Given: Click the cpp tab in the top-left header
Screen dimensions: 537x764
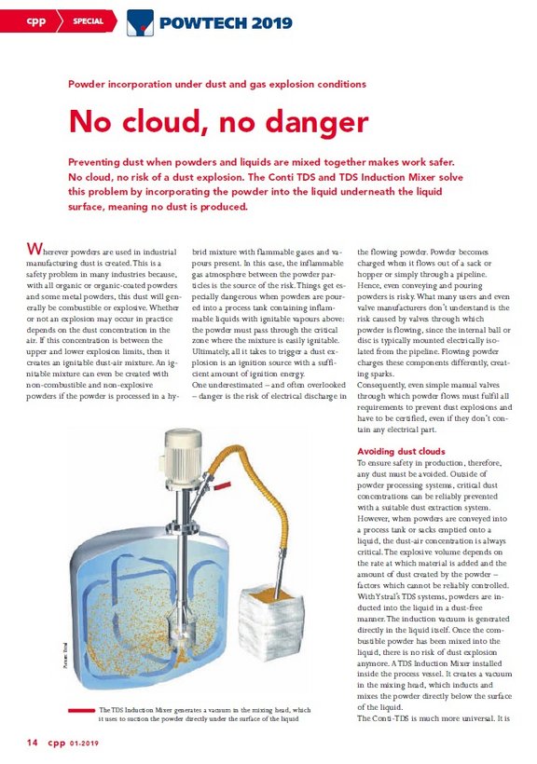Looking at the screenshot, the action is (x=34, y=20).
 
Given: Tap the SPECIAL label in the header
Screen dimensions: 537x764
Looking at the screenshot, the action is (x=89, y=20).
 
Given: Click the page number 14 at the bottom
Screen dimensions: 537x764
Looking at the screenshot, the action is (x=32, y=743).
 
